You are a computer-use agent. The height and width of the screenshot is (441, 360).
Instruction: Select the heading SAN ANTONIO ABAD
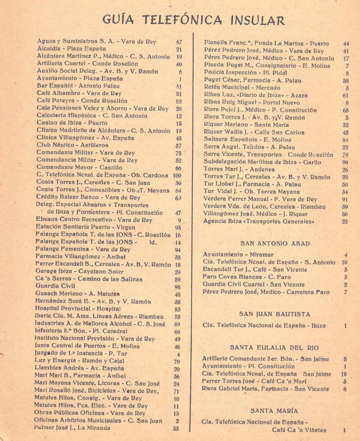[275, 243]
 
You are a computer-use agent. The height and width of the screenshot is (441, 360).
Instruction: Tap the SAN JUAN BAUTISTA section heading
[275, 314]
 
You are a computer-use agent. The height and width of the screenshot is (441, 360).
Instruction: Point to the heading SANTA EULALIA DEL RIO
[275, 347]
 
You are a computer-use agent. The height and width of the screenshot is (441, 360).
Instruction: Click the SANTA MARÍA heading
[275, 411]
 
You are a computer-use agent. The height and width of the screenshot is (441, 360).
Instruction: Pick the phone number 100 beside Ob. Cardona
[177, 175]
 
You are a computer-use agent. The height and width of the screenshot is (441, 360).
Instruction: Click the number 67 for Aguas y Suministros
[179, 42]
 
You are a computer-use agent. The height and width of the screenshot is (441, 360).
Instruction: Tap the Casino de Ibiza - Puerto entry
[66, 123]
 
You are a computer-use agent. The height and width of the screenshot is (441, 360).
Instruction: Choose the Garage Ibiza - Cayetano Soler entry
[79, 272]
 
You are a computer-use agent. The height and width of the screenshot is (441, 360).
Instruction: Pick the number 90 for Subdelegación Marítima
[345, 162]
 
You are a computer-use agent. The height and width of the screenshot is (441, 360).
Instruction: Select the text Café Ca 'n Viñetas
[299, 430]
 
